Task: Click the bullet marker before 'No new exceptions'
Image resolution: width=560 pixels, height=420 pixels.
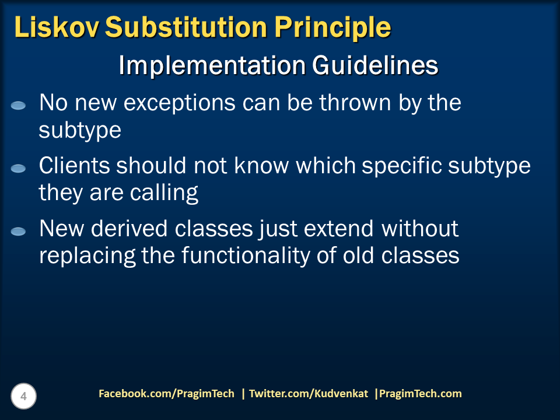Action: (19, 106)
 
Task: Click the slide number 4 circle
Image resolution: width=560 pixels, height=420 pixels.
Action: (23, 397)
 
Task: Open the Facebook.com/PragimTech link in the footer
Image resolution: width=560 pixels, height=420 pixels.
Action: (166, 394)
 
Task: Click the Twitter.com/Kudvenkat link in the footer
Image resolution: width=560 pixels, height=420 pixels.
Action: (309, 394)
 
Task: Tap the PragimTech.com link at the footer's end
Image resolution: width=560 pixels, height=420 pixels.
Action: (421, 394)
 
